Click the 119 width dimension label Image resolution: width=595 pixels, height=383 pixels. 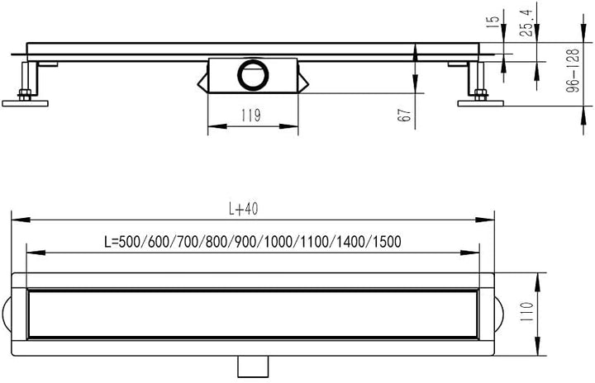(251, 116)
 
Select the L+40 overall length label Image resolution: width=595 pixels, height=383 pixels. (246, 210)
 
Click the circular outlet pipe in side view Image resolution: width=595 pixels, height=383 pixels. (250, 75)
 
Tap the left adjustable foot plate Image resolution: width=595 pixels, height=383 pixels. (25, 102)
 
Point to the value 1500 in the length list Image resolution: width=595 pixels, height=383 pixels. (385, 242)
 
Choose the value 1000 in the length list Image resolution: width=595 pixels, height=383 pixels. (281, 242)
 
